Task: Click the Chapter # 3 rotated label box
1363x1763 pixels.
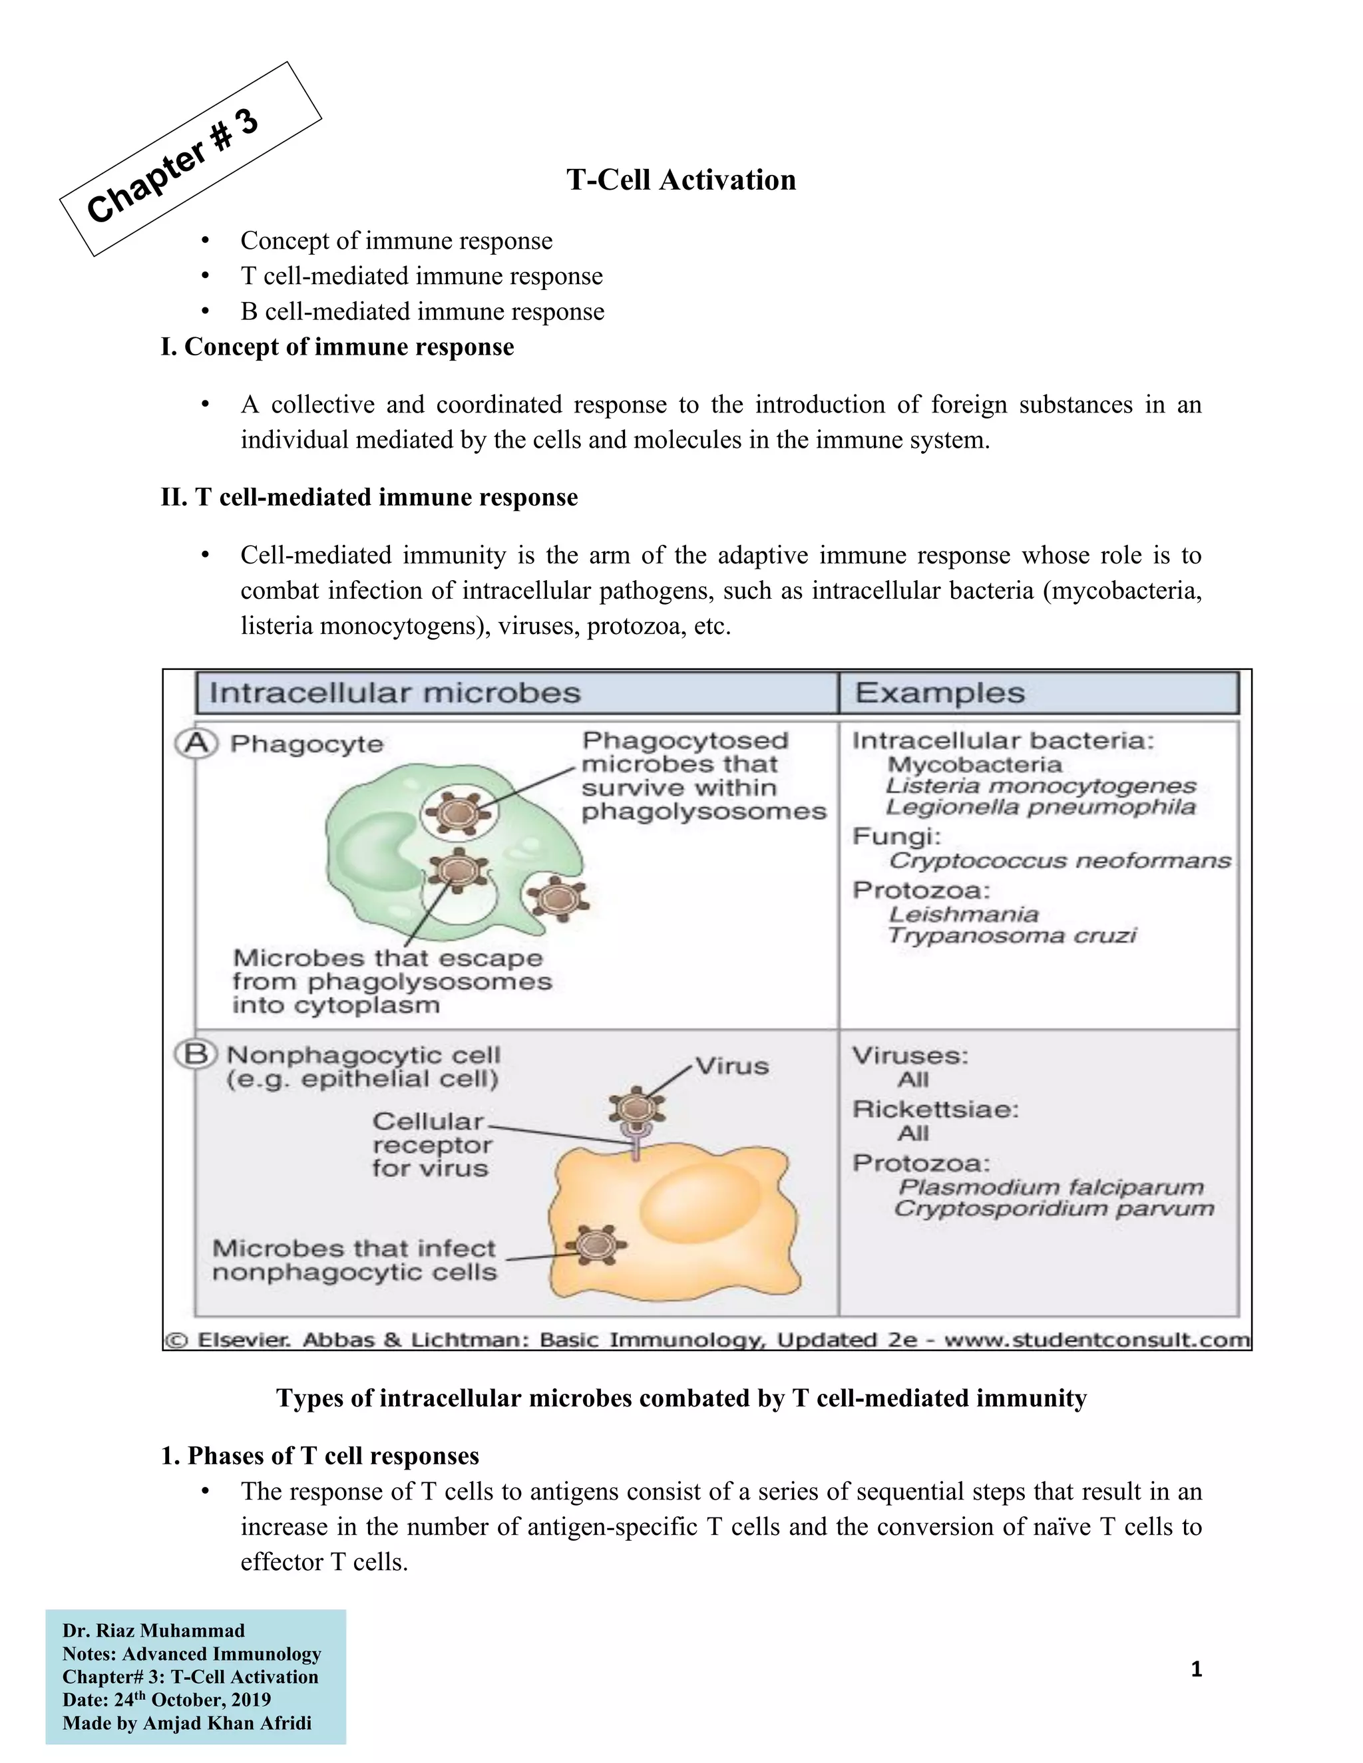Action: [x=190, y=159]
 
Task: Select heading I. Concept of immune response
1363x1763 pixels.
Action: [x=337, y=347]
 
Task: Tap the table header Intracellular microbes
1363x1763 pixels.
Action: [x=395, y=693]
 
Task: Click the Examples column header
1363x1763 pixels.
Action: [x=940, y=693]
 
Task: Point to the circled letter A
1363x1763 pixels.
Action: [x=196, y=742]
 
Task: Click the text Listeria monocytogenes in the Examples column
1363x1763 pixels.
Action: [x=1040, y=786]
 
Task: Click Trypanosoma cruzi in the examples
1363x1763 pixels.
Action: [x=1011, y=935]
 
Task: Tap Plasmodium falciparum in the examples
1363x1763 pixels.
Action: [x=1050, y=1187]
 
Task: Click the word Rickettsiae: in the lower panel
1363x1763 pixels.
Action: [x=935, y=1109]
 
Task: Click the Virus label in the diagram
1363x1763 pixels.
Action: [x=731, y=1066]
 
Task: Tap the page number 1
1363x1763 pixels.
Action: [x=1196, y=1669]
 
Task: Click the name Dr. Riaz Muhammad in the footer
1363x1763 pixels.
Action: [x=154, y=1631]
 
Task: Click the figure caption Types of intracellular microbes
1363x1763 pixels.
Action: [x=681, y=1398]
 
